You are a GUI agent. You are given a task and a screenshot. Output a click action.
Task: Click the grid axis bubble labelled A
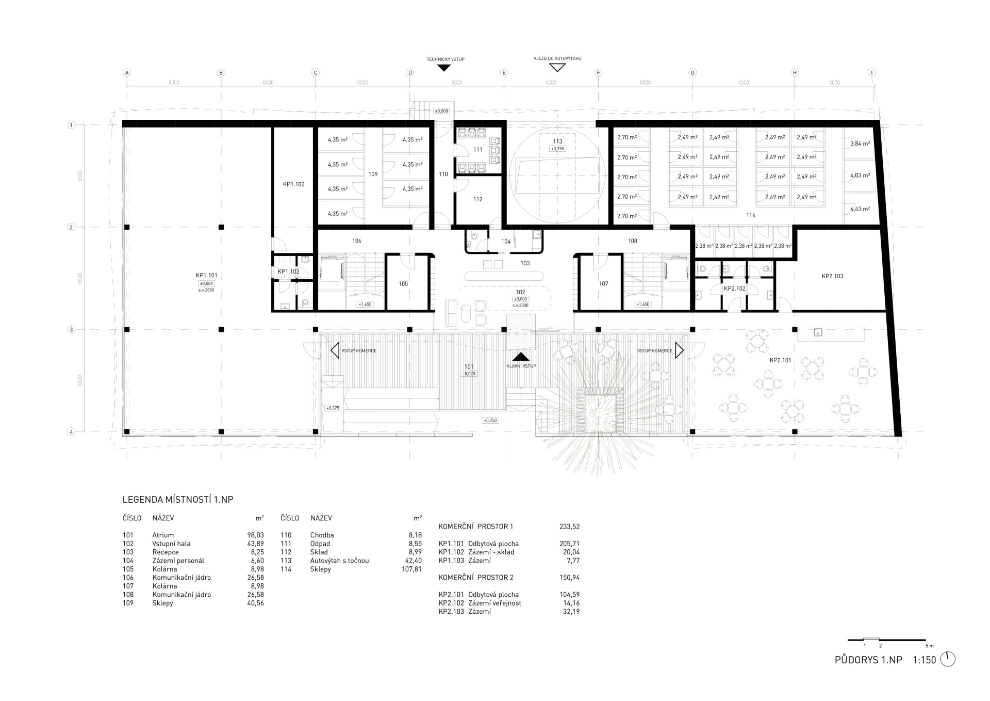coord(126,73)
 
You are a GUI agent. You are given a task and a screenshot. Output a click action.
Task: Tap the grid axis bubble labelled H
coord(795,73)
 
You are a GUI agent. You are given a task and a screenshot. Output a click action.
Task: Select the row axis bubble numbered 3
coord(71,329)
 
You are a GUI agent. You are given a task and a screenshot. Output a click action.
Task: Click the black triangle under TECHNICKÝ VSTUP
coord(443,68)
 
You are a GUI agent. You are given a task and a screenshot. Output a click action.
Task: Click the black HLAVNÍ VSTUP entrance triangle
coord(521,357)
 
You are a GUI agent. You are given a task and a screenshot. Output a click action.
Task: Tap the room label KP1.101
coord(206,276)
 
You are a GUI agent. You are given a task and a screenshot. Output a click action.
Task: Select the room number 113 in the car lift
coord(557,141)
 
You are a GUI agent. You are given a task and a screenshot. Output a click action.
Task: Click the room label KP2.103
coord(832,276)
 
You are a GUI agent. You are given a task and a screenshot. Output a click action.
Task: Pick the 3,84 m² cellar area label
coord(860,144)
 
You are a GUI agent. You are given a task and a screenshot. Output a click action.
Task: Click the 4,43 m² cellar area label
coord(860,209)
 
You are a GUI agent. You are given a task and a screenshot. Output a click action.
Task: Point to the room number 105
coord(403,284)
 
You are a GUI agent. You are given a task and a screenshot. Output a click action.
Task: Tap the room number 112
coord(478,199)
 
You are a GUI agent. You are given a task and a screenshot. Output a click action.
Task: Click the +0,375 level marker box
coord(333,408)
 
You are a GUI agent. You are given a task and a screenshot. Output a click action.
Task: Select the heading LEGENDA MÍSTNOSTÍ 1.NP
coord(178,500)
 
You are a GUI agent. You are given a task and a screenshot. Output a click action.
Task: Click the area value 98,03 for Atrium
coord(256,535)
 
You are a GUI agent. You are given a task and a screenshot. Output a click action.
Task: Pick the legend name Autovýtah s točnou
coord(340,561)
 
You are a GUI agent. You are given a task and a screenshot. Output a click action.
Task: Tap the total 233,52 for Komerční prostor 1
coord(570,527)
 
